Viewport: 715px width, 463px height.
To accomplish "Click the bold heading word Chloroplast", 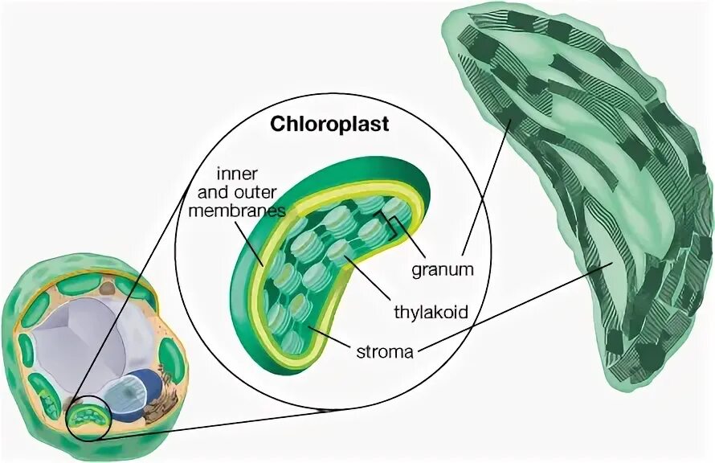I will coord(329,125).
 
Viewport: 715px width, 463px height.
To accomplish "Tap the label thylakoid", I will coord(430,312).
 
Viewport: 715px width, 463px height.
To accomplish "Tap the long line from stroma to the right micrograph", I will coord(514,310).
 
